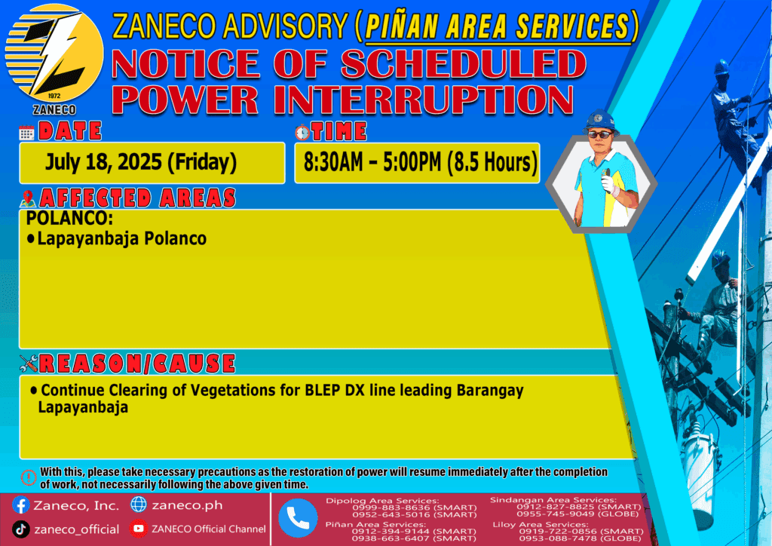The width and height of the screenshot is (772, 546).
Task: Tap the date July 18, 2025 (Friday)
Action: (141, 162)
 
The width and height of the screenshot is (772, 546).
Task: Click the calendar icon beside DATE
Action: (26, 133)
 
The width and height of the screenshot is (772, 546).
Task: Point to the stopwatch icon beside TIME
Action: (302, 133)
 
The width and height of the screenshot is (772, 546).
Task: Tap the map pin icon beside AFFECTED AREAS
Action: (28, 198)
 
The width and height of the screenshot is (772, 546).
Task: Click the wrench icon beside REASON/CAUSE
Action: (29, 363)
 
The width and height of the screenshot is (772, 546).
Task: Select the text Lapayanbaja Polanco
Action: (122, 239)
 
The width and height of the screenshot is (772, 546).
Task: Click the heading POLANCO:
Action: (69, 218)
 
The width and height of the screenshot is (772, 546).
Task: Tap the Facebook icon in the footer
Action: (21, 505)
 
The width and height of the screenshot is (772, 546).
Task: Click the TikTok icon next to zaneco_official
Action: (21, 529)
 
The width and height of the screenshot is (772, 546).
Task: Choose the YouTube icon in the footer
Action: (139, 529)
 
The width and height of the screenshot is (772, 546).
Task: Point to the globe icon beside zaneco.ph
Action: (139, 505)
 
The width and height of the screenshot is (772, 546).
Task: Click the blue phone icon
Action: (298, 518)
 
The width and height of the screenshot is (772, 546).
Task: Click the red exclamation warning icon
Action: (29, 477)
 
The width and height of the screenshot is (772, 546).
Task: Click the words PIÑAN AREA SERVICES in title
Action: (498, 26)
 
